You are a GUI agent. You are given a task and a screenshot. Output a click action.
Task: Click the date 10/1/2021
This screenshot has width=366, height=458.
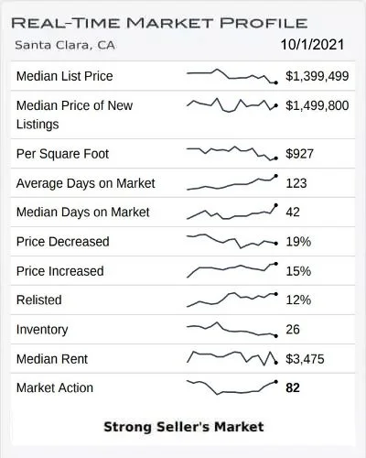pyautogui.click(x=312, y=45)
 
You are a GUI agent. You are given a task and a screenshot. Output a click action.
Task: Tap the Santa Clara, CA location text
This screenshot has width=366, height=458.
pyautogui.click(x=65, y=45)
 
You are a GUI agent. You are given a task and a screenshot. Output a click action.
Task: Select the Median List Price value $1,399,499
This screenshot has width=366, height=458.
pyautogui.click(x=318, y=76)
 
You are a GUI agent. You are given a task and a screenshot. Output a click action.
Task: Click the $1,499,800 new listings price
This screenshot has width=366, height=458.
pyautogui.click(x=318, y=105)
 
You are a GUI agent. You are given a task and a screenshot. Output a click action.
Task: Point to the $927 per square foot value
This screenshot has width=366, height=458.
pyautogui.click(x=299, y=154)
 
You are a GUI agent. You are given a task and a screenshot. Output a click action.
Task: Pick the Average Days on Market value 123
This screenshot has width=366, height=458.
pyautogui.click(x=296, y=183)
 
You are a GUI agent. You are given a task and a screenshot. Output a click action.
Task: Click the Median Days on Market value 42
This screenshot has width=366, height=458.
pyautogui.click(x=293, y=212)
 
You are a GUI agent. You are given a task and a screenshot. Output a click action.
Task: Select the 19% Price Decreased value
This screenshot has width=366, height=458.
pyautogui.click(x=298, y=242)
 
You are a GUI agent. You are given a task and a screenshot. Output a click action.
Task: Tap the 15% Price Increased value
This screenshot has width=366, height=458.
pyautogui.click(x=298, y=271)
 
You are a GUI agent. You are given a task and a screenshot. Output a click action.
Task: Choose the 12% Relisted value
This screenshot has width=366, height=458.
pyautogui.click(x=298, y=300)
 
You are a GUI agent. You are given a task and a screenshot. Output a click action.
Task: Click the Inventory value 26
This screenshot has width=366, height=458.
pyautogui.click(x=293, y=330)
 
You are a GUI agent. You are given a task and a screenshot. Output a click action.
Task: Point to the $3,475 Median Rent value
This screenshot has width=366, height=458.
pyautogui.click(x=305, y=359)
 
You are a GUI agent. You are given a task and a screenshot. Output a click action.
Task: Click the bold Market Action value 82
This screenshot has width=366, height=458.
pyautogui.click(x=293, y=387)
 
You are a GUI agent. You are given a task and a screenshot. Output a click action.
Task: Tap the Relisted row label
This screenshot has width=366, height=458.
pyautogui.click(x=39, y=300)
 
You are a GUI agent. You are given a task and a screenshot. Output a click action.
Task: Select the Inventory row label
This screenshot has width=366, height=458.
pyautogui.click(x=42, y=330)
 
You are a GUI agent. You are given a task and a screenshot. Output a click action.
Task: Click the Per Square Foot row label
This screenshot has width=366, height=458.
pyautogui.click(x=62, y=154)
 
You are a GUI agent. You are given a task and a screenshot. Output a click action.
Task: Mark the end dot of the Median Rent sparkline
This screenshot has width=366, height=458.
pyautogui.click(x=276, y=363)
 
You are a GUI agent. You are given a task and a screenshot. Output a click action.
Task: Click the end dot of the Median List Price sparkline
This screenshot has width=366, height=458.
pyautogui.click(x=276, y=82)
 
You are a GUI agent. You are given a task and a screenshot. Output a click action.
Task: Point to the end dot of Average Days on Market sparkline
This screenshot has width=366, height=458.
pyautogui.click(x=276, y=176)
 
